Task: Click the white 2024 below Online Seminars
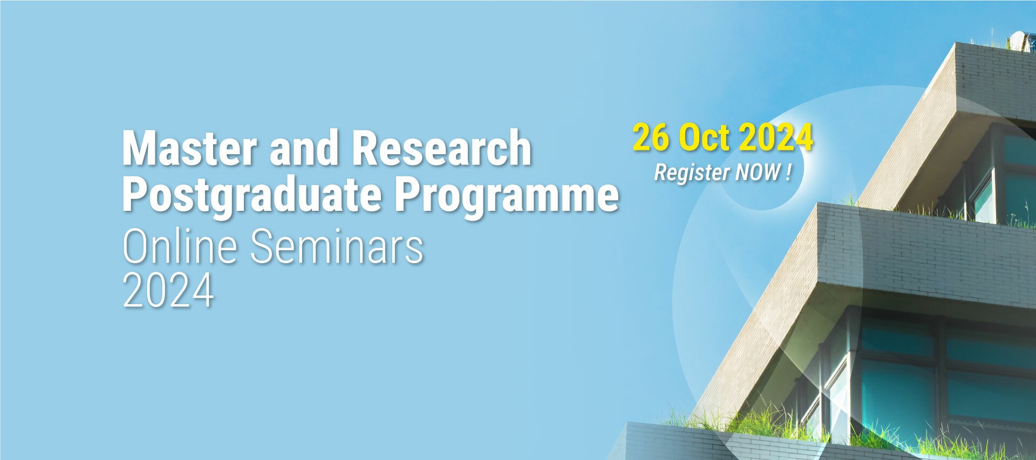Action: point(168,291)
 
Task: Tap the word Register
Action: point(692,173)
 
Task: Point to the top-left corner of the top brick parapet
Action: point(956,43)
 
